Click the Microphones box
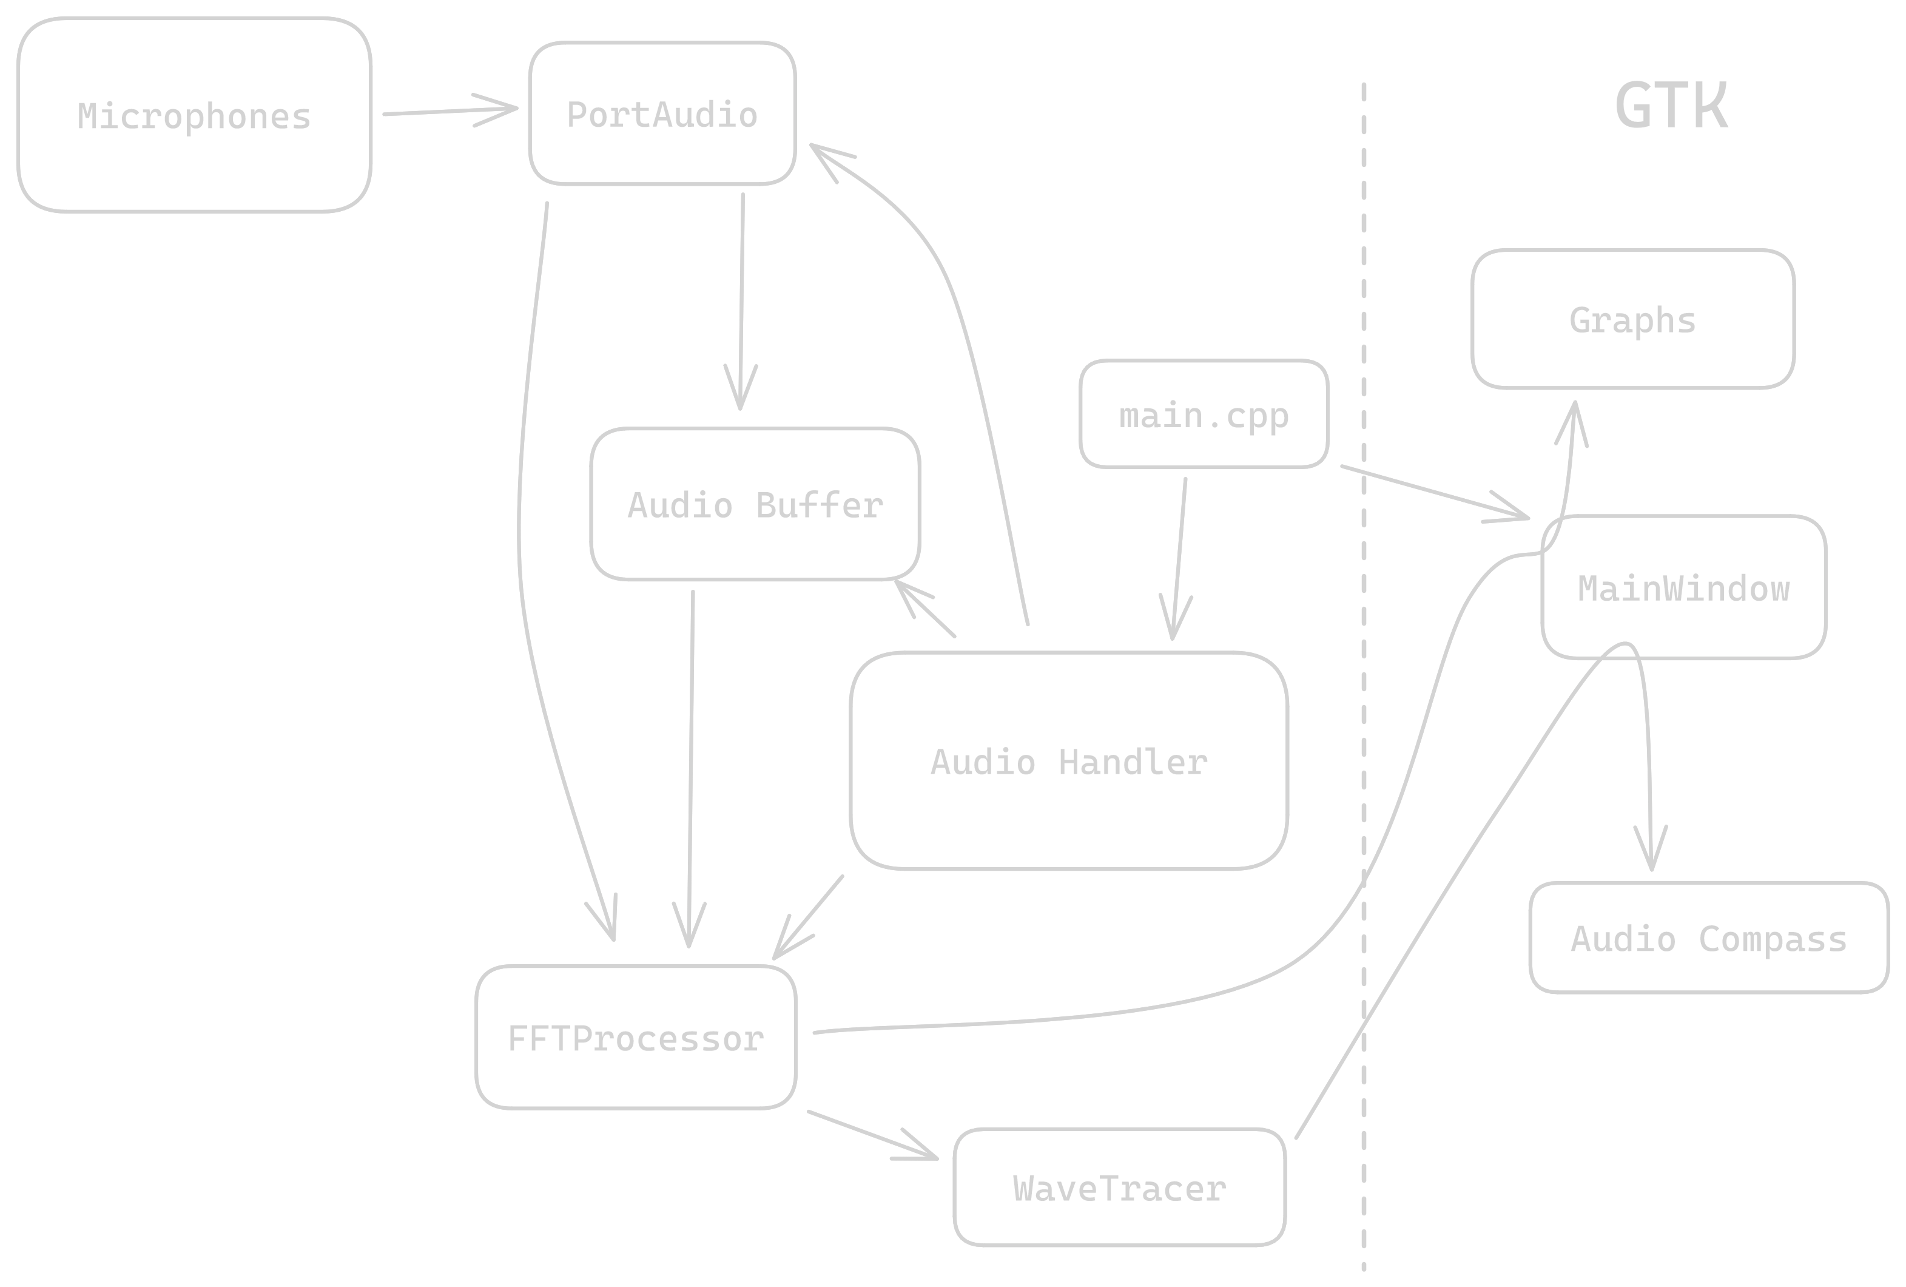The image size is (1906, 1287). click(194, 115)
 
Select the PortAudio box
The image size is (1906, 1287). click(662, 113)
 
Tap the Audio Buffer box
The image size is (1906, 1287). click(755, 504)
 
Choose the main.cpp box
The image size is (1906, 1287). click(1203, 414)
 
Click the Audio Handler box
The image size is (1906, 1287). click(1069, 760)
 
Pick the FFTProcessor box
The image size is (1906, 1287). click(636, 1038)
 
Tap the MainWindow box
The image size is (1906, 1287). click(1684, 587)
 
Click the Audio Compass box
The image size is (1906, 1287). click(1708, 937)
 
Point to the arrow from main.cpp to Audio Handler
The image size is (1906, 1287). click(1179, 558)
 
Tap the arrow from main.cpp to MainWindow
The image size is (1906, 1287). click(1435, 492)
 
